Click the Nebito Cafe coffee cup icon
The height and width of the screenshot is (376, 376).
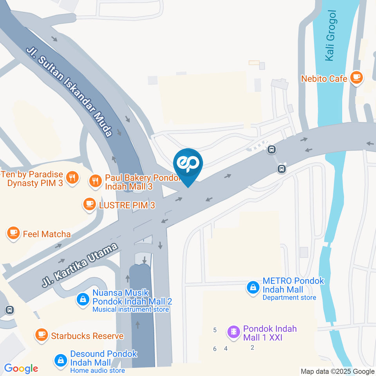pos(356,78)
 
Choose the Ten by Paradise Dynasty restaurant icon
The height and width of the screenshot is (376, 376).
pos(71,178)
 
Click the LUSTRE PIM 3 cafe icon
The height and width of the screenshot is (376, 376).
pos(89,204)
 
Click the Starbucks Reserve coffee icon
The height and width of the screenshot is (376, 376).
pos(41,335)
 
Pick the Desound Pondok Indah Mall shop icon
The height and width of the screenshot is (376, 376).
pos(60,360)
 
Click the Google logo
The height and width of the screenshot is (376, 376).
pos(21,368)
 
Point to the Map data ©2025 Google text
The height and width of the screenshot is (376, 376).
pos(338,371)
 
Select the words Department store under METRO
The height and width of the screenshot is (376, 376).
pos(289,298)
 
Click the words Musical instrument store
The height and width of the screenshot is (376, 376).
pos(131,309)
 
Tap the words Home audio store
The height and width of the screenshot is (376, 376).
pos(98,371)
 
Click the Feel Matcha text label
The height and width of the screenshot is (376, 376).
pos(47,234)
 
